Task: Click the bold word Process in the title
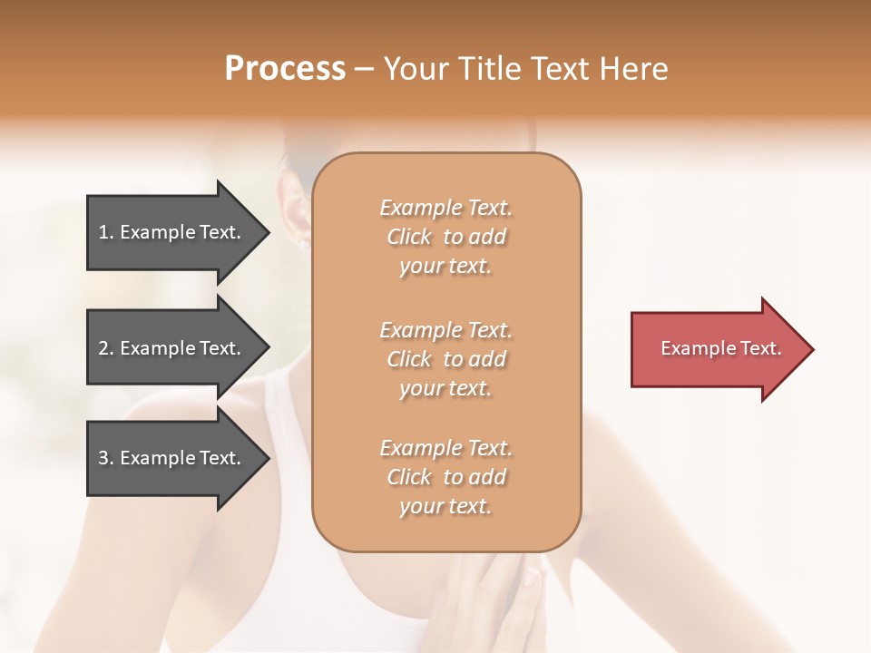[285, 69]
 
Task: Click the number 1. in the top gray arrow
[106, 232]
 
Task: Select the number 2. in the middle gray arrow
[106, 348]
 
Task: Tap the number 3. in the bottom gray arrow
[106, 458]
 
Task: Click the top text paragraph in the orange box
[445, 237]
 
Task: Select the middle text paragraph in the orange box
[445, 359]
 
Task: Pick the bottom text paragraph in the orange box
[445, 477]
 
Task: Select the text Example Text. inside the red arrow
[721, 348]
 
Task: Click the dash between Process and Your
[364, 71]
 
